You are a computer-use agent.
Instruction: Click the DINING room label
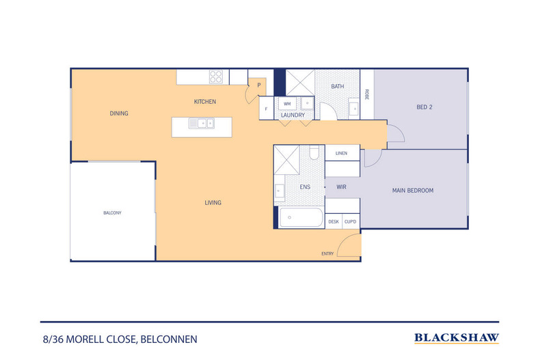(x=119, y=113)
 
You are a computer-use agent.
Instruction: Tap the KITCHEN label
(x=205, y=102)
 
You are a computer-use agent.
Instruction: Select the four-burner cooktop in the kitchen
(x=216, y=77)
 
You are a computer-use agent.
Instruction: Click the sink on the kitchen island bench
(x=202, y=124)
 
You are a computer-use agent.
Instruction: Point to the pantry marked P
(x=259, y=85)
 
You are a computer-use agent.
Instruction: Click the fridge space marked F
(x=266, y=109)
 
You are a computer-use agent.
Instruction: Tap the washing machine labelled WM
(x=286, y=104)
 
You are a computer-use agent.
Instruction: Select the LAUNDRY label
(x=293, y=115)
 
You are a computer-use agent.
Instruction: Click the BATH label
(x=338, y=87)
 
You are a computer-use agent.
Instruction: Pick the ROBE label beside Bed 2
(x=367, y=94)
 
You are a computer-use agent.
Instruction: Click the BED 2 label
(x=424, y=107)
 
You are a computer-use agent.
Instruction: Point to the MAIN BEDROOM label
(x=412, y=191)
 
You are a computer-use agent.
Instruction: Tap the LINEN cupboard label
(x=341, y=153)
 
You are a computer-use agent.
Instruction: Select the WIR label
(x=340, y=186)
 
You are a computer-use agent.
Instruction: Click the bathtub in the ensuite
(x=301, y=219)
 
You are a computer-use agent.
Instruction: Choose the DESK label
(x=334, y=221)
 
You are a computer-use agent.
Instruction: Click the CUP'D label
(x=351, y=221)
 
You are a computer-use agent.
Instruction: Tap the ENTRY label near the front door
(x=327, y=254)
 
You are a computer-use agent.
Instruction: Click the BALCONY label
(x=112, y=213)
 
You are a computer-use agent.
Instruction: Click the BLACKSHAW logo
(x=457, y=337)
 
